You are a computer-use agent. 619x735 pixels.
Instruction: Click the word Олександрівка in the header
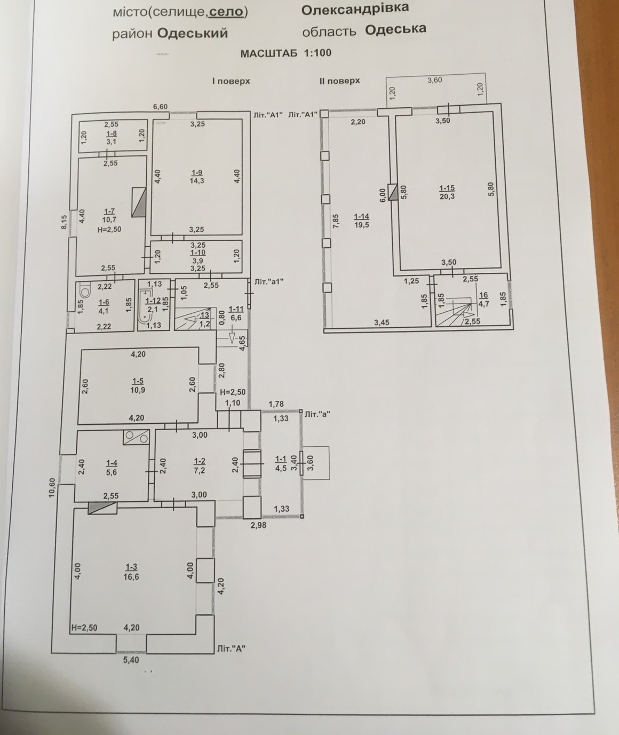[x=355, y=9]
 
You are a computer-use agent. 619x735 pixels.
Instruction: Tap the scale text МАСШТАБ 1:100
[x=285, y=53]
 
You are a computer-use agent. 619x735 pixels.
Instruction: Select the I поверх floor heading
[x=231, y=81]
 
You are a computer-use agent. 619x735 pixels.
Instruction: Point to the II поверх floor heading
[x=339, y=81]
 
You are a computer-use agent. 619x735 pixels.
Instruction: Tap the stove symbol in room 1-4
[x=136, y=437]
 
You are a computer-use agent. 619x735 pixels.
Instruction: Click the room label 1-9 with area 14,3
[x=197, y=177]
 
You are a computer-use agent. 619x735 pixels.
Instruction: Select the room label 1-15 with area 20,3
[x=447, y=192]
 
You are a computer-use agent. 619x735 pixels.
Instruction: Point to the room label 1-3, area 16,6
[x=131, y=572]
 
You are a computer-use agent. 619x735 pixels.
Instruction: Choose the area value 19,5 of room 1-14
[x=361, y=225]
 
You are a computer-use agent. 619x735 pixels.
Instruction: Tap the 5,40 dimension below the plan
[x=131, y=660]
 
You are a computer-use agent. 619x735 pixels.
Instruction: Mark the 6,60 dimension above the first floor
[x=160, y=107]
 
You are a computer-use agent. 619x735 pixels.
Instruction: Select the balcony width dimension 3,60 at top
[x=434, y=80]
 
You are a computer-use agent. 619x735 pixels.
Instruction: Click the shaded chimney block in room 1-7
[x=139, y=202]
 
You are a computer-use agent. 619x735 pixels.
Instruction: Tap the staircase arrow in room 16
[x=467, y=314]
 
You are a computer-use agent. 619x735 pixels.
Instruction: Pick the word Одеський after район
[x=193, y=34]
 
